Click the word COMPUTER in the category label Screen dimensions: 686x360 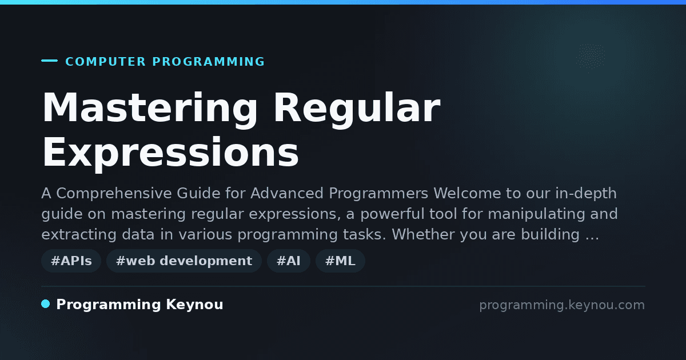[x=105, y=62]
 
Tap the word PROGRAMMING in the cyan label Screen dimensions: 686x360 [x=208, y=62]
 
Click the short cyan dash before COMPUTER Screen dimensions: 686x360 [x=49, y=61]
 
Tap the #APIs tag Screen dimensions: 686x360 [x=71, y=261]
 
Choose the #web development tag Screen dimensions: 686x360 [x=184, y=261]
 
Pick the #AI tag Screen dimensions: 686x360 [x=289, y=261]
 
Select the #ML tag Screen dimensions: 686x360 [x=340, y=261]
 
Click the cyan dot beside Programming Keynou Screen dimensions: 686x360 [x=46, y=304]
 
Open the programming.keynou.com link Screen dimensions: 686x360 [x=562, y=305]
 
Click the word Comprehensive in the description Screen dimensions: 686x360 [x=114, y=194]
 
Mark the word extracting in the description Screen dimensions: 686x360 [x=79, y=235]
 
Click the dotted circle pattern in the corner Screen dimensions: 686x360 [x=591, y=57]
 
